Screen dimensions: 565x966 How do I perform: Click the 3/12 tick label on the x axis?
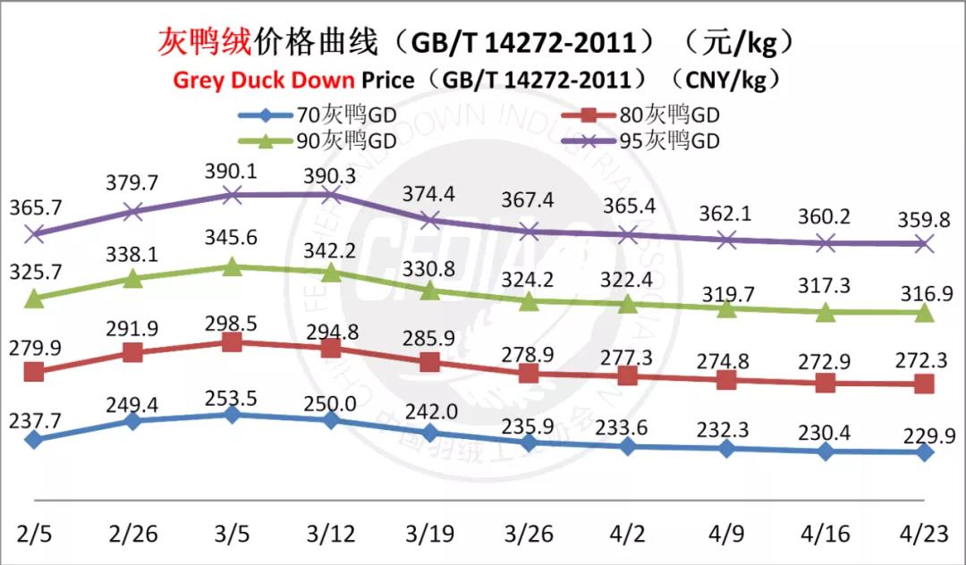(x=331, y=534)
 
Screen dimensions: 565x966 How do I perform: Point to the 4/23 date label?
(x=925, y=534)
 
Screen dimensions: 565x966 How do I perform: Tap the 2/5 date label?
(x=34, y=534)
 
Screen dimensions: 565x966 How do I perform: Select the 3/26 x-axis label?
(x=529, y=534)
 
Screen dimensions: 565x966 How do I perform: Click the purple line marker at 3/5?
(x=232, y=195)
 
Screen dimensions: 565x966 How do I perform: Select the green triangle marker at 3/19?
(x=430, y=290)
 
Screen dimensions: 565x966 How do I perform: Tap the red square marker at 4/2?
(x=628, y=375)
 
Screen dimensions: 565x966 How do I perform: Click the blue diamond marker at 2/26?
(x=133, y=420)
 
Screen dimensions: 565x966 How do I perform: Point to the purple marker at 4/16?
(x=826, y=242)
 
